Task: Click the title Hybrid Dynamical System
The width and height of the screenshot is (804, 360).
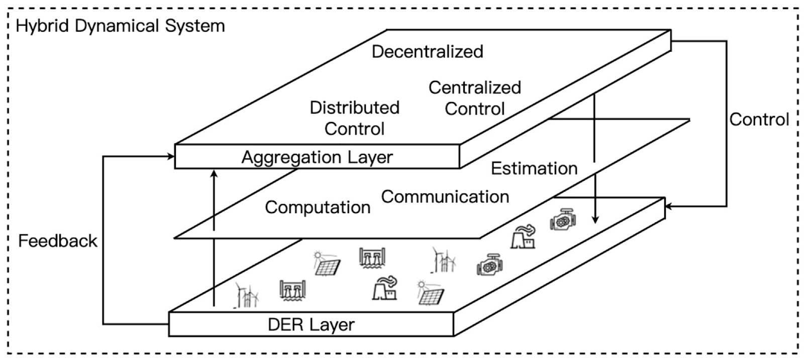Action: click(x=121, y=26)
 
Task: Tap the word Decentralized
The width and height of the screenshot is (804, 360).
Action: click(x=427, y=51)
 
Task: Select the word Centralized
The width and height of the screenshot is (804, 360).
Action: click(x=474, y=87)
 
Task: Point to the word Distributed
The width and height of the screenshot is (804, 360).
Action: click(x=354, y=108)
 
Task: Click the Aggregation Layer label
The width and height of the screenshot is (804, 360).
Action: click(x=317, y=157)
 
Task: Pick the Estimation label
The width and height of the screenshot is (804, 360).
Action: click(x=534, y=168)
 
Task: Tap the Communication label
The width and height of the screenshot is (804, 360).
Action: click(x=445, y=197)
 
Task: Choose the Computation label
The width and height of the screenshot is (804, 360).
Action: click(x=318, y=207)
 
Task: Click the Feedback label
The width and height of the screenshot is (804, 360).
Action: click(x=57, y=241)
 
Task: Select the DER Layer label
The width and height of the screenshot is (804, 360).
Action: click(x=311, y=325)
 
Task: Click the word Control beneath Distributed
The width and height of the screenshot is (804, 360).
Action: click(x=354, y=129)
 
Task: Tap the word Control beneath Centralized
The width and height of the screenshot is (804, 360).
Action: click(x=474, y=109)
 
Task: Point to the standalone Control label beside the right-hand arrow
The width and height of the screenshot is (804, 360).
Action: click(x=759, y=120)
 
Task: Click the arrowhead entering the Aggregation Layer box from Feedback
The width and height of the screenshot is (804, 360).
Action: click(x=171, y=157)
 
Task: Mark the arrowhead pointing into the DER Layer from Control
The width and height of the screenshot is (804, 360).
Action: click(x=669, y=206)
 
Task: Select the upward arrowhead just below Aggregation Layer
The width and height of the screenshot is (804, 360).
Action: click(x=214, y=173)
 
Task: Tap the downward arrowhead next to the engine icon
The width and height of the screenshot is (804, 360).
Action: click(x=595, y=220)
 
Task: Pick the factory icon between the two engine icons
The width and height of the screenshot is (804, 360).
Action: click(x=523, y=237)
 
